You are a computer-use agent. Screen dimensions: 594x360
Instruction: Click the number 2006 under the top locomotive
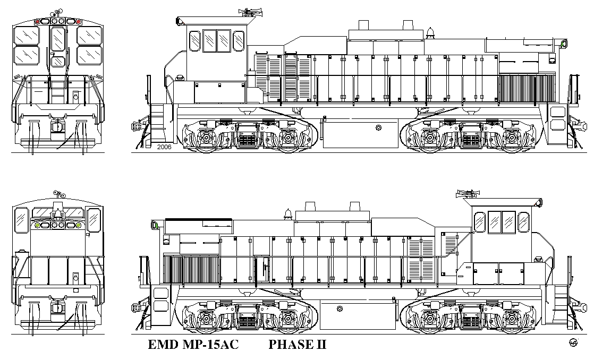click(164, 147)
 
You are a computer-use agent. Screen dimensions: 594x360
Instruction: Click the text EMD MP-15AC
click(193, 345)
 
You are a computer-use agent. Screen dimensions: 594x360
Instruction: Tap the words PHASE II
click(298, 345)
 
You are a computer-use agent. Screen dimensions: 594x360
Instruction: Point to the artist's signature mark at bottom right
click(573, 342)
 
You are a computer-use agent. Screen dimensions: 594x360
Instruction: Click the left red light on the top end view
click(37, 22)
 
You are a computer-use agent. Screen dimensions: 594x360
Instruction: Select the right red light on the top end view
click(79, 22)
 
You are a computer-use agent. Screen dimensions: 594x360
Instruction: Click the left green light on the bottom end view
click(37, 225)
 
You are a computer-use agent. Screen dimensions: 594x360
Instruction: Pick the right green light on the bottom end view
click(79, 225)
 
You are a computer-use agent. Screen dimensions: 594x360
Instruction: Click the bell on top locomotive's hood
click(430, 33)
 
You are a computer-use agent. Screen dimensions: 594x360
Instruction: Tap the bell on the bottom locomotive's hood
click(288, 214)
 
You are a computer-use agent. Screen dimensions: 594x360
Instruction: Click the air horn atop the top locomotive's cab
click(251, 13)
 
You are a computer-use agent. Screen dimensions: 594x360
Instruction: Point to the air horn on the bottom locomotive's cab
click(469, 194)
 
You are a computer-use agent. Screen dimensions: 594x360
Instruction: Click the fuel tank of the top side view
click(360, 134)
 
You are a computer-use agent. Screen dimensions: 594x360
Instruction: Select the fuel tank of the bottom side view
click(358, 315)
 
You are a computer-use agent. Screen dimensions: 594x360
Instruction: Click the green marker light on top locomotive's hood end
click(563, 44)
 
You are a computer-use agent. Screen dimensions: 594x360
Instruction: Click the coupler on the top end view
click(57, 125)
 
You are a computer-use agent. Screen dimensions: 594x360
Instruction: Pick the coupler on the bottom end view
click(57, 306)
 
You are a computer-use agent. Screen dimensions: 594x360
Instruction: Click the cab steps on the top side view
click(157, 121)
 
